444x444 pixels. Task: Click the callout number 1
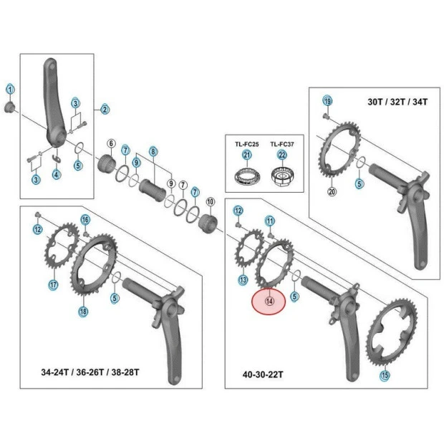[x=10, y=90]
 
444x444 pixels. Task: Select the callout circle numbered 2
[x=105, y=110]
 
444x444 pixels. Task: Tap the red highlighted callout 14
[x=269, y=301]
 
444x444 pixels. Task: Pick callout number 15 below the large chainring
[x=385, y=375]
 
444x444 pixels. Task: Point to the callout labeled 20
[x=332, y=191]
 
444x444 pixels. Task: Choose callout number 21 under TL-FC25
[x=248, y=155]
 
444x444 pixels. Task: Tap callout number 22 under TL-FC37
[x=282, y=155]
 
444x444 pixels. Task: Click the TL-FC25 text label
[x=248, y=144]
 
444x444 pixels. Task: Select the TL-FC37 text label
[x=282, y=144]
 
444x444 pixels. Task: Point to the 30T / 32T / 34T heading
[x=397, y=102]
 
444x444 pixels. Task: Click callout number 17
[x=53, y=285]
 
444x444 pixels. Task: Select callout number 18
[x=83, y=311]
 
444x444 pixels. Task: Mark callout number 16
[x=85, y=219]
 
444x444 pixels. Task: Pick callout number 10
[x=211, y=201]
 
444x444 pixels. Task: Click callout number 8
[x=153, y=151]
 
